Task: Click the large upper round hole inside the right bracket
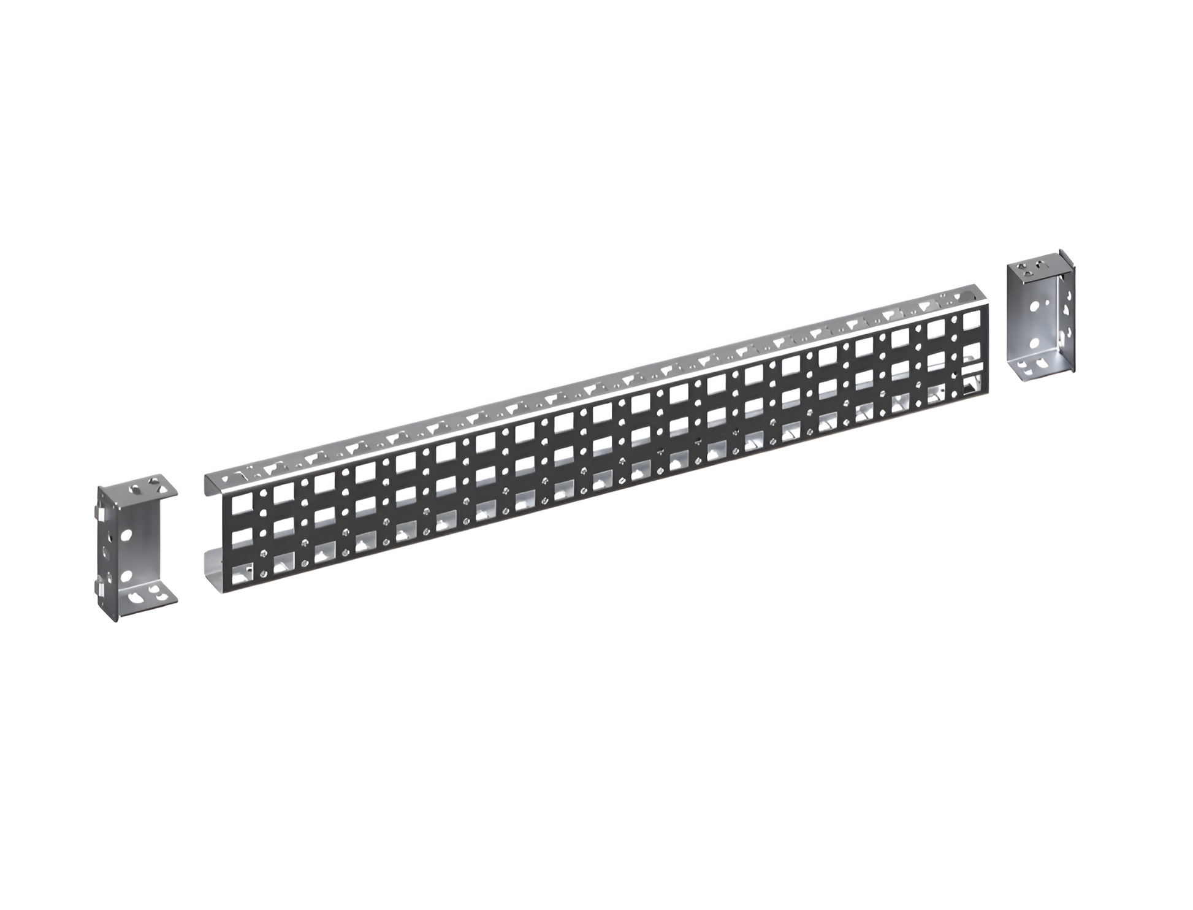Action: pos(1035,304)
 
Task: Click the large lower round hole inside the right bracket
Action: pos(1035,343)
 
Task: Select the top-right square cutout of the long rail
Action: pos(971,320)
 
